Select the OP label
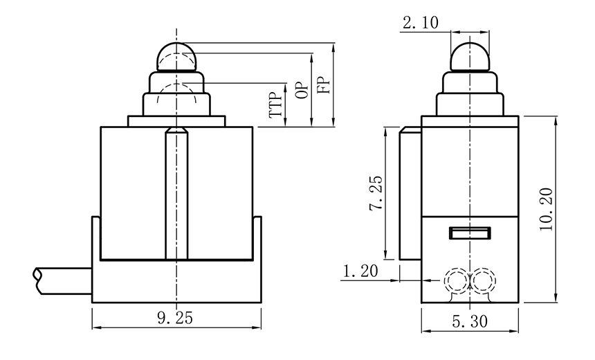301,90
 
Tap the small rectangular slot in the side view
470,233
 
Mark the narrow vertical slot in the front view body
177,194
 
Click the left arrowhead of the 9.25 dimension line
95,327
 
